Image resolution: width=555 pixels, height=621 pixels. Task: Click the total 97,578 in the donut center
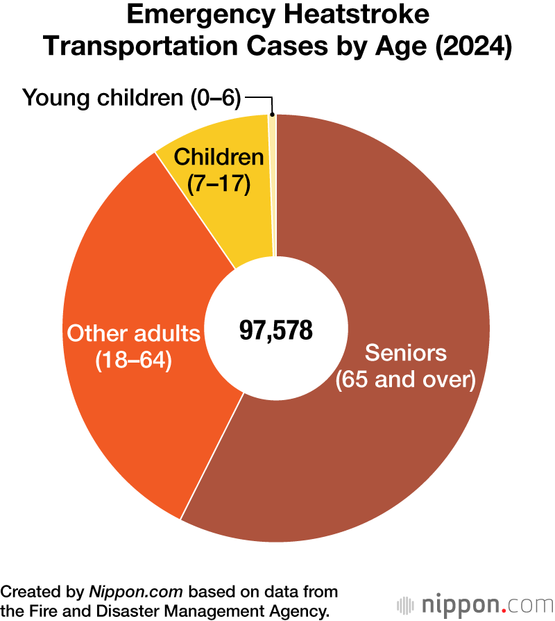tap(276, 331)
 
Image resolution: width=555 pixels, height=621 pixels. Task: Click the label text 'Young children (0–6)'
tap(132, 98)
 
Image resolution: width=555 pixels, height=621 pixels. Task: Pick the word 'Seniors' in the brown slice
tap(406, 353)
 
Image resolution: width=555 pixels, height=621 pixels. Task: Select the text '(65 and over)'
tap(406, 380)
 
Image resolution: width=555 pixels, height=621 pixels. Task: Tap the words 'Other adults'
tap(133, 334)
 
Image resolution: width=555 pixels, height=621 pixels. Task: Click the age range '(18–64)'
tap(133, 361)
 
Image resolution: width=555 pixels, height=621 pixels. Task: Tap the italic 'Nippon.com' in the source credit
tap(136, 592)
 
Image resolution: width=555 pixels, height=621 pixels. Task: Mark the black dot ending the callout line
tap(273, 115)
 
